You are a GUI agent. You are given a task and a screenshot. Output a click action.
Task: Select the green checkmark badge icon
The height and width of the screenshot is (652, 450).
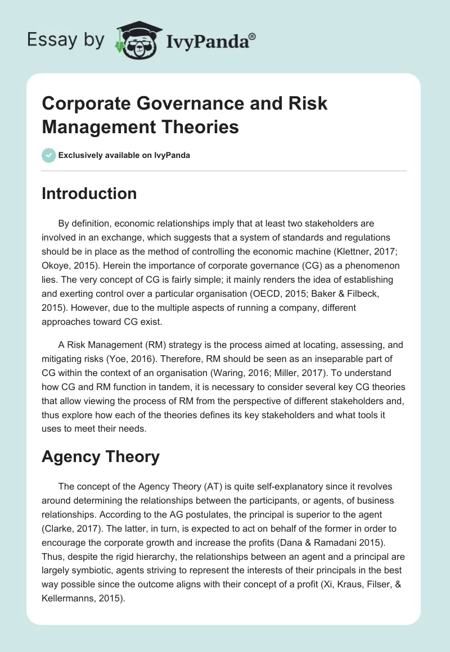(x=49, y=155)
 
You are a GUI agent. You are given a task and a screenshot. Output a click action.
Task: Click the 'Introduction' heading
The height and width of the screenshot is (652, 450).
(x=89, y=193)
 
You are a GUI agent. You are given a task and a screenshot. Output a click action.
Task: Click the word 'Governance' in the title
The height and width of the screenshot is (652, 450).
(x=182, y=104)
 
